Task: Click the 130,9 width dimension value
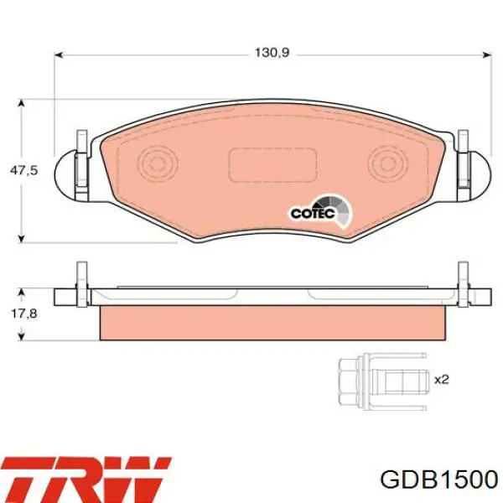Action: point(272,52)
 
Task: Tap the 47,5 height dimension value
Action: point(23,170)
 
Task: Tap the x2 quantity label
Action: point(442,379)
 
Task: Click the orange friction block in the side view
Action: point(272,323)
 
